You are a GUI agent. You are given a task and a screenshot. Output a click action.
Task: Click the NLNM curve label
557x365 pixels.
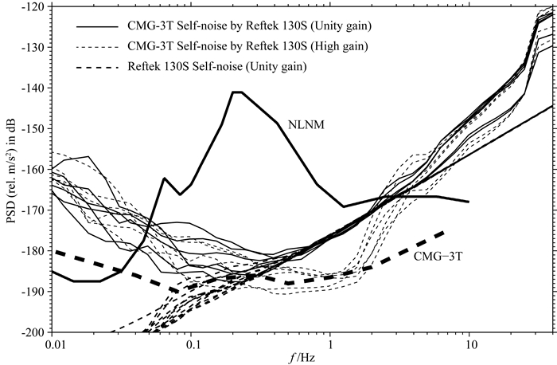coord(306,125)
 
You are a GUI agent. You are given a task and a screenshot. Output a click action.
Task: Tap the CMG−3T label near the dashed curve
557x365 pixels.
coord(438,256)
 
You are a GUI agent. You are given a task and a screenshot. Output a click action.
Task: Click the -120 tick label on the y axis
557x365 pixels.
coord(33,7)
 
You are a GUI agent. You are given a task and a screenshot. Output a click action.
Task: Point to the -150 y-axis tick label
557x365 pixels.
coord(33,128)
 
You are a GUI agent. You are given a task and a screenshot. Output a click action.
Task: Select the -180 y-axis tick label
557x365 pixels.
coord(33,251)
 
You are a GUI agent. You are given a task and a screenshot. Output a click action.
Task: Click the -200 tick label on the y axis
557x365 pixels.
coord(33,332)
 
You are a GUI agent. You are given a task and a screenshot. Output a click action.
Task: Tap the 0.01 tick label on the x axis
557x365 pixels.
coord(53,344)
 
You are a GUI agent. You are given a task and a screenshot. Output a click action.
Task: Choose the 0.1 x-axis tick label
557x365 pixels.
coord(192,344)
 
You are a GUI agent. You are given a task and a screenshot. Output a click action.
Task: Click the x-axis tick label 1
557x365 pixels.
coord(331,344)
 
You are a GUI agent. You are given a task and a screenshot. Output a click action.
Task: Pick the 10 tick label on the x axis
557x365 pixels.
coord(470,344)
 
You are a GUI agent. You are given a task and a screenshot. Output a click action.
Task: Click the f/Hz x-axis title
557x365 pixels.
coord(302,358)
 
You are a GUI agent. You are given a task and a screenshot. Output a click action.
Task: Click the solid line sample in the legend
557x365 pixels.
coord(96,26)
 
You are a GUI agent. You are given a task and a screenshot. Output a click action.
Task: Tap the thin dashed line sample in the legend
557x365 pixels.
coord(96,47)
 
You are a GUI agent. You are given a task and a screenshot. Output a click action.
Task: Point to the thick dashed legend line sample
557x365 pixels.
coord(96,67)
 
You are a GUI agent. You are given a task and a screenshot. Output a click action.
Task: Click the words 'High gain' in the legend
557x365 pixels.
coord(339,46)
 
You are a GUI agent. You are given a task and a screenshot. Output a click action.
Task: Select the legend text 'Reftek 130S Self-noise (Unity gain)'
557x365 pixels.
coord(217,66)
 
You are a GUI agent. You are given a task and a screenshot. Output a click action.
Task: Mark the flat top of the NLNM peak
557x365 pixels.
coord(237,92)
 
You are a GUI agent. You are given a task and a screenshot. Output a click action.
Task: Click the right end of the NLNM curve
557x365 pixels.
coord(469,202)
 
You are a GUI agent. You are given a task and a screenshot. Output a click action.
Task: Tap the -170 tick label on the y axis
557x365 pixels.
coord(33,210)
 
